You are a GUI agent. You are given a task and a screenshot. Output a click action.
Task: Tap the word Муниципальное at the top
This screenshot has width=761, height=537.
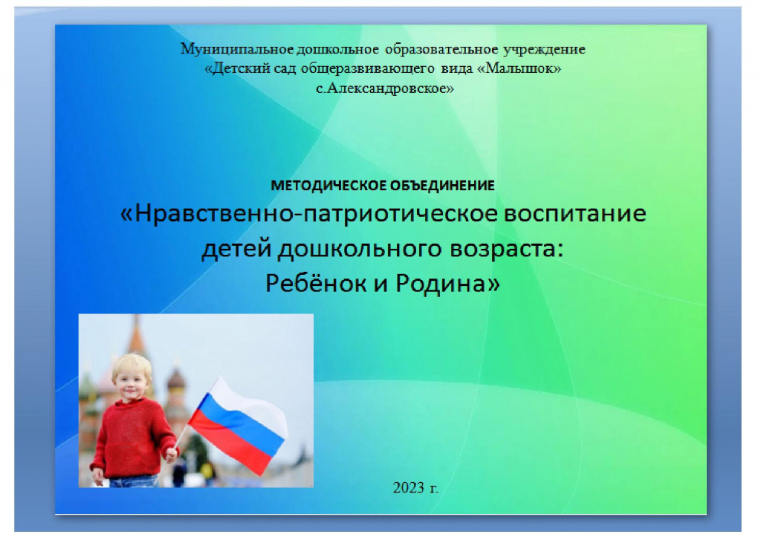pos(237,50)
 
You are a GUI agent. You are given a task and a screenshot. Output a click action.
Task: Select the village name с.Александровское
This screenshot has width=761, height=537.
pos(384,88)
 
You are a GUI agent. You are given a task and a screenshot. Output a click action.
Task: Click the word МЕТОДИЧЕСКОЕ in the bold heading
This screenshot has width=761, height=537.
pos(328,185)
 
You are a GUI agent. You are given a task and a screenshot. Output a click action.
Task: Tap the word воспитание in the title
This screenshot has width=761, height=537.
pos(575,214)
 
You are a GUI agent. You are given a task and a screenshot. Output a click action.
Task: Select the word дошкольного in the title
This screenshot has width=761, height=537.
pos(360,249)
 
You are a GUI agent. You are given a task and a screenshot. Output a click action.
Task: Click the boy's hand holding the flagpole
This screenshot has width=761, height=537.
pos(172,454)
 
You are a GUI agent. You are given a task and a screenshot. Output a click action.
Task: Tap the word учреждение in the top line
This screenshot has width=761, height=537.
pos(544,50)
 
